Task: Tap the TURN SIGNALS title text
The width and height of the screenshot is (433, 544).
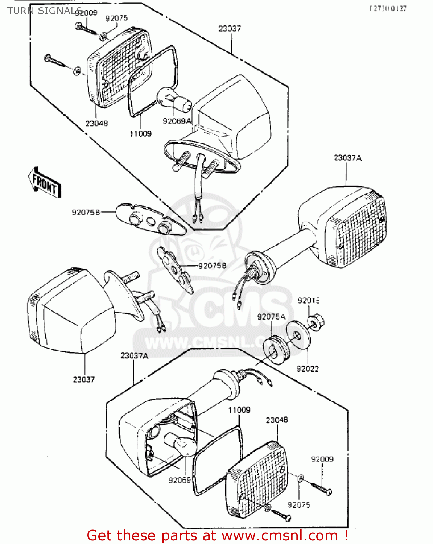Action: coord(44,11)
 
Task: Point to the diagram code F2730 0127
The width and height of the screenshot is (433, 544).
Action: coord(388,9)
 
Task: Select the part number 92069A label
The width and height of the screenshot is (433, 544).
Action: coord(177,121)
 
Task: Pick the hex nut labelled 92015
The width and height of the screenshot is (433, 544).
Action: coord(316,322)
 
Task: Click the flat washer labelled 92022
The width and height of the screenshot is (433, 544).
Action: coord(298,334)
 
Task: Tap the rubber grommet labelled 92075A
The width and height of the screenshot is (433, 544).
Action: coord(277,349)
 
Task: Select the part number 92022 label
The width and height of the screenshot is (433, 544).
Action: coord(308,369)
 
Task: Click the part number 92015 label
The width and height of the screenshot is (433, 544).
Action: coord(309,300)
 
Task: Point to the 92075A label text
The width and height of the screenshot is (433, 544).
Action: coord(271,317)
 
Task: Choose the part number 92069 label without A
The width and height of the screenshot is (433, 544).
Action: coord(180,480)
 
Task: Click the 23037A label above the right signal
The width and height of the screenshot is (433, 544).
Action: coord(347,158)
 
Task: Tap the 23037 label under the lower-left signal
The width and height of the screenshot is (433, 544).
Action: coord(84,379)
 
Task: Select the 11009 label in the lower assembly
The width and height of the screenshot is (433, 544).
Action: coord(239,410)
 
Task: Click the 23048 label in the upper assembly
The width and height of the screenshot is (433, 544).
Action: coord(96,123)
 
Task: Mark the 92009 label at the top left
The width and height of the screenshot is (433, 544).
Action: coord(86,13)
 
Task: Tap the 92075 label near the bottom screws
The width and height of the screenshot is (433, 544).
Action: coord(299,505)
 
